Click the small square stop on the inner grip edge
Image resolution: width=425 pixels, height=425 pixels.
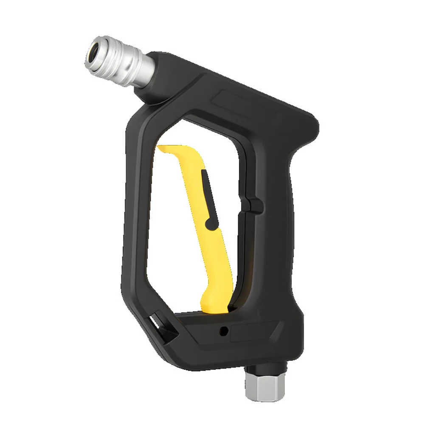click(255, 206)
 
